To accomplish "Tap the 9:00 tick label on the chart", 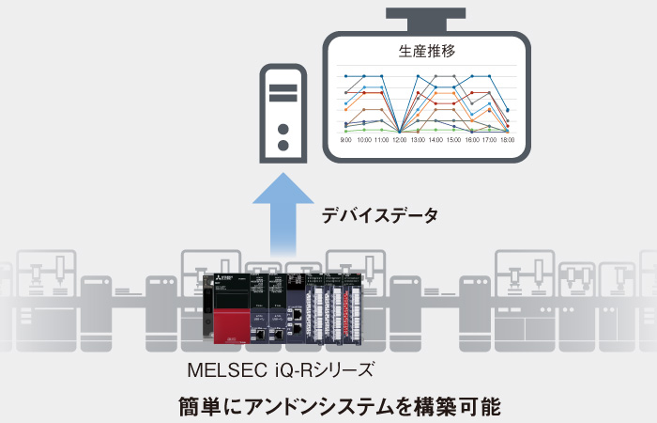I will click(346, 139).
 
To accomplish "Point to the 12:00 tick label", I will click(400, 139).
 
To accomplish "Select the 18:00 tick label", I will click(508, 139).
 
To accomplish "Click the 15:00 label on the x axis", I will click(453, 139).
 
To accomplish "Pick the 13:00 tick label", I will click(418, 139).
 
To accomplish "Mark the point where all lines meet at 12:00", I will click(400, 131).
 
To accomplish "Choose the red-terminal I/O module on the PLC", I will click(360, 310).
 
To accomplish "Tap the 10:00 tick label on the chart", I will click(364, 139).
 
